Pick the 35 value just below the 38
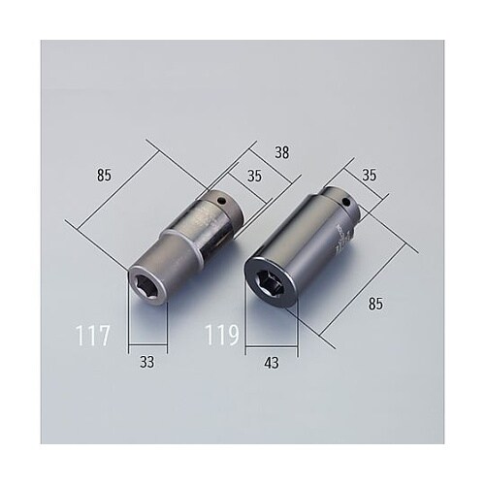254,178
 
